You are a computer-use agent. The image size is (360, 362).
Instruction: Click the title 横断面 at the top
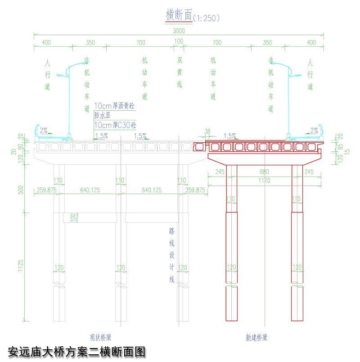click(x=179, y=15)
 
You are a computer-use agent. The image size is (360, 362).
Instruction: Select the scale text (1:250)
click(x=206, y=18)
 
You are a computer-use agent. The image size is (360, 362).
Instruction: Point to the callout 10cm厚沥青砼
click(x=114, y=106)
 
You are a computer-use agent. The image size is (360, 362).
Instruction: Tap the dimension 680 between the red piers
click(x=264, y=172)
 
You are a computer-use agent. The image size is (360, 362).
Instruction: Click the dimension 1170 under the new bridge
click(x=264, y=181)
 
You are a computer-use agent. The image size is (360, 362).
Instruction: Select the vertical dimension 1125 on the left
click(x=20, y=266)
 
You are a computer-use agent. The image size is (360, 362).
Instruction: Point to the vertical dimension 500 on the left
click(x=20, y=190)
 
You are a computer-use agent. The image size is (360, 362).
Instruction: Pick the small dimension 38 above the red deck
click(x=207, y=131)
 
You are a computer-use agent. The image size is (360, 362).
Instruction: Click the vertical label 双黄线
click(x=179, y=72)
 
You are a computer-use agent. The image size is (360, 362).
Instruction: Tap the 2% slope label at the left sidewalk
click(x=44, y=131)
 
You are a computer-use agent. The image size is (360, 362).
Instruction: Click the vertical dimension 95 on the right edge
click(x=341, y=148)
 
